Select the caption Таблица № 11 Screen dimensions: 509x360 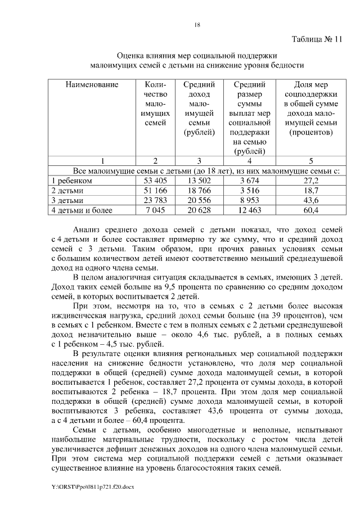pyautogui.click(x=317, y=40)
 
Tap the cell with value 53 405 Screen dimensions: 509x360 pyautogui.click(x=155, y=181)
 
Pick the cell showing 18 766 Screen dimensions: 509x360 pyautogui.click(x=200, y=191)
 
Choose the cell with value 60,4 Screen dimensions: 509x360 pyautogui.click(x=311, y=210)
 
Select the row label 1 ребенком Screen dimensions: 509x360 pyautogui.click(x=71, y=181)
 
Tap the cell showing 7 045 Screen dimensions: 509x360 pyautogui.click(x=155, y=210)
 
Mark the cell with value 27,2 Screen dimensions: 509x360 pyautogui.click(x=311, y=181)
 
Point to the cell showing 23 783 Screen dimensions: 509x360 pyautogui.click(x=155, y=200)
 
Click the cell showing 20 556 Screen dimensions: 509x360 pyautogui.click(x=200, y=200)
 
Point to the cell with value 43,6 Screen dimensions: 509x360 pyautogui.click(x=311, y=200)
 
